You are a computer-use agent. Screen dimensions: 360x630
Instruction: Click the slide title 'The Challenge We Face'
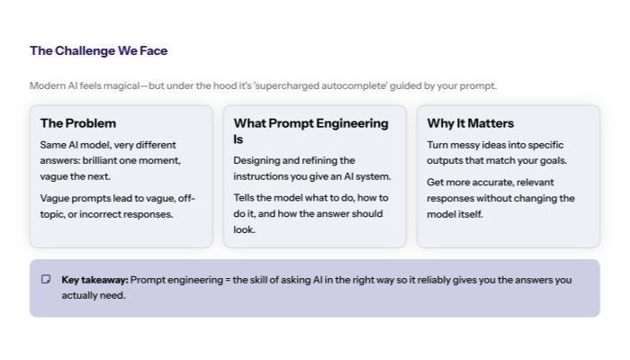pyautogui.click(x=98, y=50)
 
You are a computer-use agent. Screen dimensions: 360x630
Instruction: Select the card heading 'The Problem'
pyautogui.click(x=78, y=123)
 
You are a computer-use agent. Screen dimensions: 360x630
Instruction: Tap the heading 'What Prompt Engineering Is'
pyautogui.click(x=310, y=130)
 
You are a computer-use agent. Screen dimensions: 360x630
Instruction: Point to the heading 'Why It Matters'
pyautogui.click(x=471, y=123)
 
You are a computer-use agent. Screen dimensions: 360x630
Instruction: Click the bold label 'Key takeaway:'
pyautogui.click(x=94, y=280)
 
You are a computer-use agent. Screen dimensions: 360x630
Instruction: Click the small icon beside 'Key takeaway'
pyautogui.click(x=46, y=279)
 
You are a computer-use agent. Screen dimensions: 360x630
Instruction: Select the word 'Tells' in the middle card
pyautogui.click(x=245, y=198)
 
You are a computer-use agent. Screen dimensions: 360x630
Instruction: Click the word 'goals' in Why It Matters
pyautogui.click(x=551, y=160)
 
